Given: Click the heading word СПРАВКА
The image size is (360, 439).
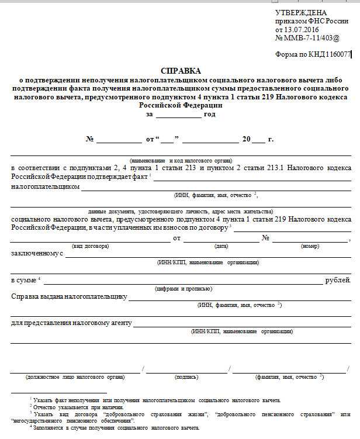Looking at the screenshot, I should tap(180, 70).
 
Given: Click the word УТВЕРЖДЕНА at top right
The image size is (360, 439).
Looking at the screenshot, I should tap(301, 13).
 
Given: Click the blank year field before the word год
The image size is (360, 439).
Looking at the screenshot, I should tap(178, 115).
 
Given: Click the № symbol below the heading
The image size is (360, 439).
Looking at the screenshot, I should tap(90, 140).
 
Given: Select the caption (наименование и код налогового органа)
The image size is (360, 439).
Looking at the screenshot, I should tap(181, 160).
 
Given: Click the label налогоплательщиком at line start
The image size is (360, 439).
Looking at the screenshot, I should tap(45, 187).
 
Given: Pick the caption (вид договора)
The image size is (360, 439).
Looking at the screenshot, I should tap(90, 246).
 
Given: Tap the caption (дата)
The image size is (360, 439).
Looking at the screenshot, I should tap(221, 246).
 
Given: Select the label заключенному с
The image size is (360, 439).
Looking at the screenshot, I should tap(37, 254).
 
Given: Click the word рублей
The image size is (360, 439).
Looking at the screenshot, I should tap(338, 281).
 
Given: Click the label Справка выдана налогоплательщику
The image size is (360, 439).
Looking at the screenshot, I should tap(69, 296).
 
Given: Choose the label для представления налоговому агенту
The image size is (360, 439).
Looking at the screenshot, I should tap(71, 323).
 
